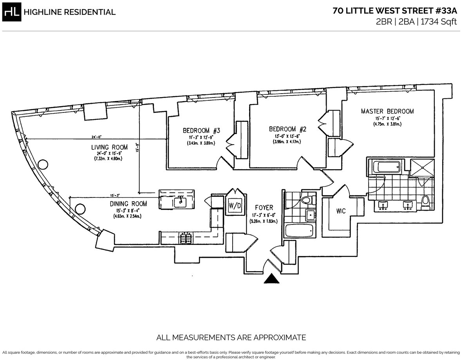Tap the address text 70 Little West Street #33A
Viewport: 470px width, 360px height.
pos(395,11)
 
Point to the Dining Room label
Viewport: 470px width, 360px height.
pos(128,204)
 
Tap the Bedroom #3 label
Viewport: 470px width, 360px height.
pos(201,130)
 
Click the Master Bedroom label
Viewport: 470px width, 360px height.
pos(387,111)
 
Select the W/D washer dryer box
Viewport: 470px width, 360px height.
pos(235,205)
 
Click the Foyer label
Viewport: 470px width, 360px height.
pos(264,208)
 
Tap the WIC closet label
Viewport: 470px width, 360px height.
pos(340,211)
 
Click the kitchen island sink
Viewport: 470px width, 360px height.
pos(180,202)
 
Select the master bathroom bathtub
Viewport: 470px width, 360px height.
pos(386,167)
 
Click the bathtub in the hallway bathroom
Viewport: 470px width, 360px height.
pos(300,230)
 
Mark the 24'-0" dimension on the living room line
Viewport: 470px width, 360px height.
pos(96,137)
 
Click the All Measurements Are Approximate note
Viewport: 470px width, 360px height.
pos(231,337)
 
